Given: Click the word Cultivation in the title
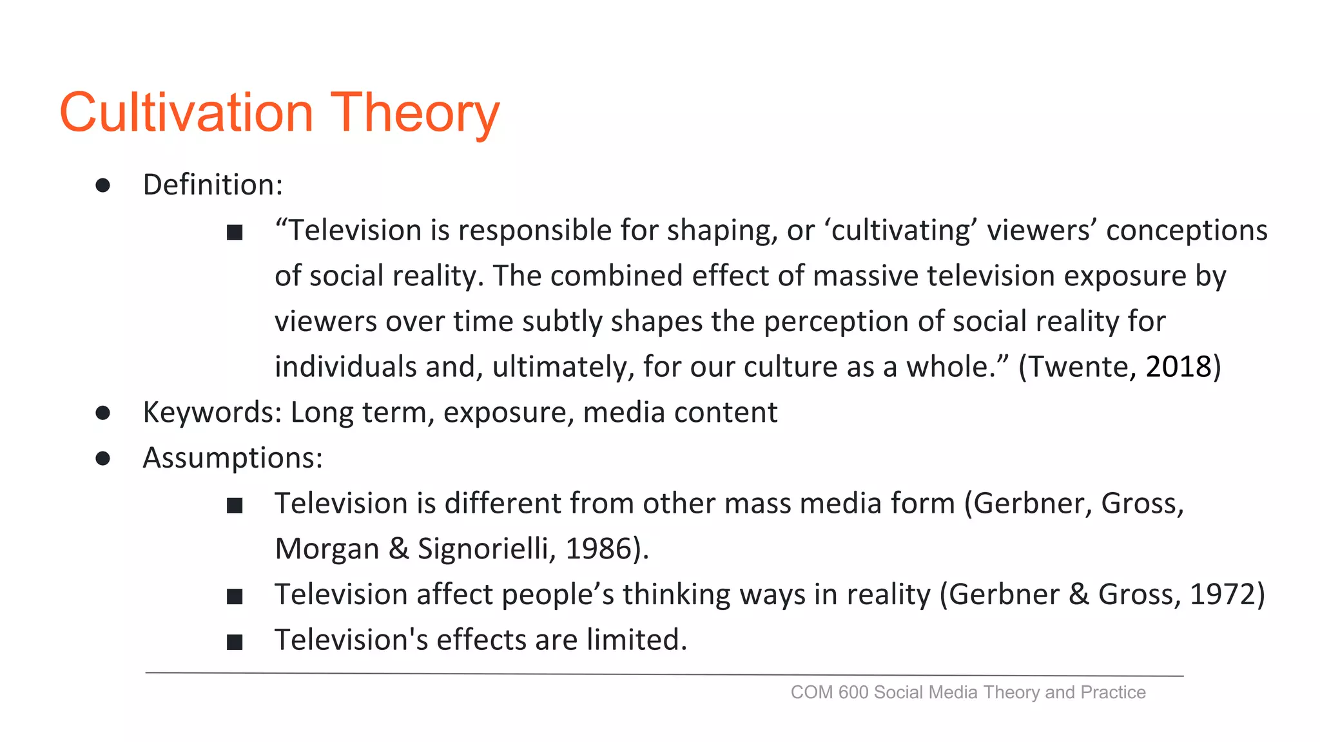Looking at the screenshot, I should coord(186,112).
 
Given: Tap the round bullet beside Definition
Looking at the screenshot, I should coord(102,185).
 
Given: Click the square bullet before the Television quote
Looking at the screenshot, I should coord(235,233).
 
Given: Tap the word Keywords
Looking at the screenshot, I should coord(210,412).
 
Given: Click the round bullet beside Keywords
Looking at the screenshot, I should coord(102,413).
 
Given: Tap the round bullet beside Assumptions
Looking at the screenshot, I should coord(102,459).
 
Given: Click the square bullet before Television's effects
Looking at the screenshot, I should coord(235,642).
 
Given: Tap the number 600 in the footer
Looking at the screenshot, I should coord(854,692).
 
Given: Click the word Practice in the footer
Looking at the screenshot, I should coord(1113,692).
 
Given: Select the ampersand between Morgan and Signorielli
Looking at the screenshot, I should coord(399,549).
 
